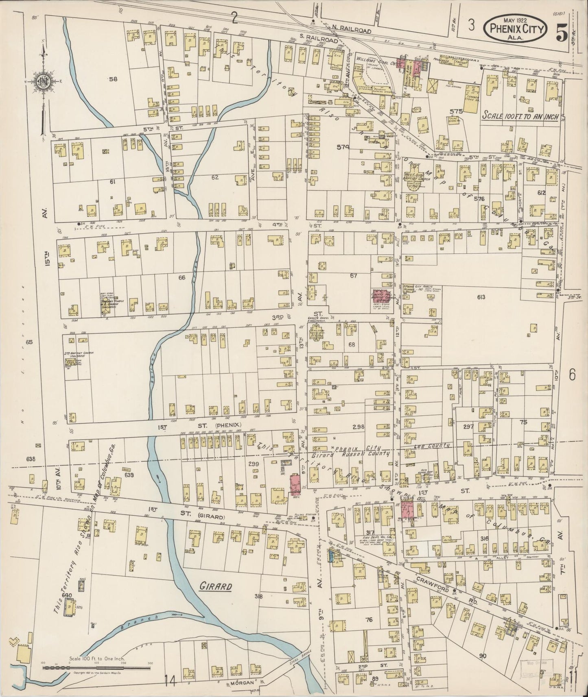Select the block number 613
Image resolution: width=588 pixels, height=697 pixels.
tap(481, 297)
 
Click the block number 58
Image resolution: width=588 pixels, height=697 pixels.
tap(113, 79)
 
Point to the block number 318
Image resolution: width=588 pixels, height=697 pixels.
tap(258, 597)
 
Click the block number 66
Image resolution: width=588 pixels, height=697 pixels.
tap(181, 278)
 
